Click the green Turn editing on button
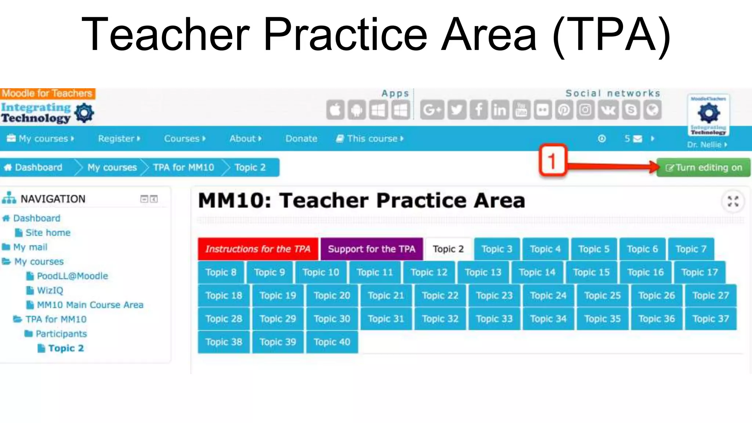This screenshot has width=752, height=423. tap(703, 168)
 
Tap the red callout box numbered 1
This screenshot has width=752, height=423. tap(552, 161)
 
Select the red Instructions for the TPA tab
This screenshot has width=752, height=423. tap(258, 249)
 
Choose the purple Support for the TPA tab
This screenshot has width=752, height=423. tap(372, 249)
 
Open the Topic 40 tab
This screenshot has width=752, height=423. tap(332, 342)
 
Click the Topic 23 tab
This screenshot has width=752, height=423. tap(494, 296)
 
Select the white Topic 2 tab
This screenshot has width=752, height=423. tap(448, 249)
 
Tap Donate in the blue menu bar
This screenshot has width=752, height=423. tap(301, 139)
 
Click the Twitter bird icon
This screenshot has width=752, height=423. tap(456, 110)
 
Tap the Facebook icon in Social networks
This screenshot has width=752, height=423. tap(478, 110)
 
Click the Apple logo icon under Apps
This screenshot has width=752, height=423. tap(335, 110)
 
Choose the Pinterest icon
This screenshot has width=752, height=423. tap(564, 110)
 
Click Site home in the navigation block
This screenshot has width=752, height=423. tap(48, 233)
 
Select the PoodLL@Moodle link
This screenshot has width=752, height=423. tap(72, 276)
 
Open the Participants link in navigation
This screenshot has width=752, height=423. tap(61, 334)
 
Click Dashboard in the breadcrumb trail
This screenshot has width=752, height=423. tap(38, 168)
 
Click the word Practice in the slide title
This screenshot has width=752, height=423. tap(345, 35)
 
